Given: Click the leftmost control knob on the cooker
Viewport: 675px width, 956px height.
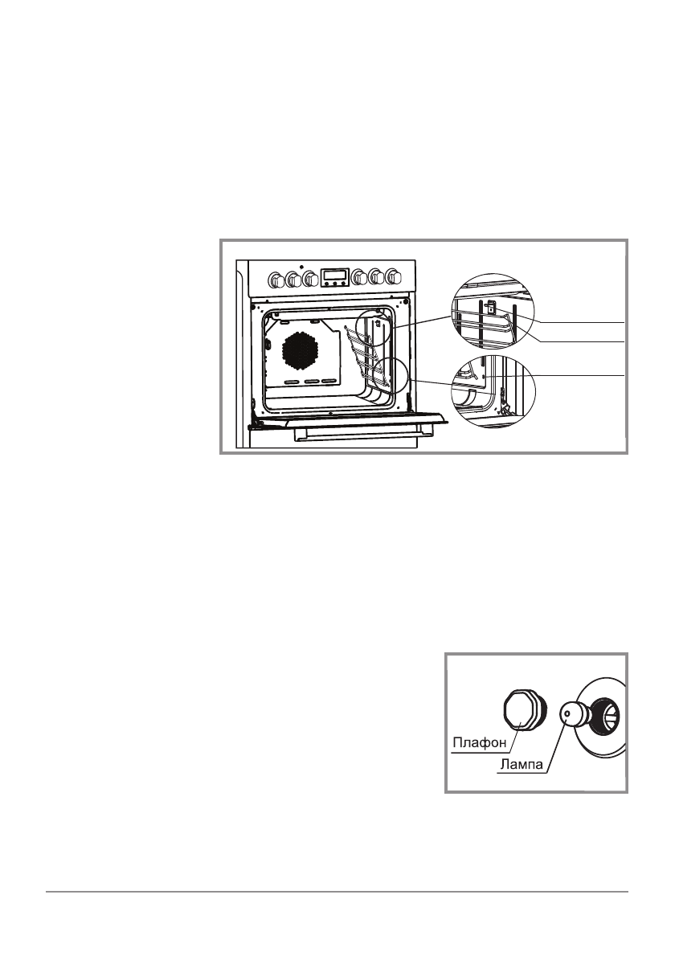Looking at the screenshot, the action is (276, 280).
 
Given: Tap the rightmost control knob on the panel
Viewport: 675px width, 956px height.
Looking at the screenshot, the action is (393, 278).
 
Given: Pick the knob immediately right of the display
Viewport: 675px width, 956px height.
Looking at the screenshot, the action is (360, 278).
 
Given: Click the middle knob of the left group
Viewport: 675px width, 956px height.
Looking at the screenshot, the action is (292, 280).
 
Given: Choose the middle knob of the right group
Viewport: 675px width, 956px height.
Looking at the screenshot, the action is (377, 278).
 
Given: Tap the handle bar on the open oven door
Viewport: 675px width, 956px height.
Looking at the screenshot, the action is (357, 434).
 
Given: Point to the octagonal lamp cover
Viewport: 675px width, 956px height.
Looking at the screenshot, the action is (522, 710).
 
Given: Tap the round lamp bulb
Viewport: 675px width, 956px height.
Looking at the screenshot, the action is (573, 711).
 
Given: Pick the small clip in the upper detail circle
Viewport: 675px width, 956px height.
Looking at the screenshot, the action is (490, 306).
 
